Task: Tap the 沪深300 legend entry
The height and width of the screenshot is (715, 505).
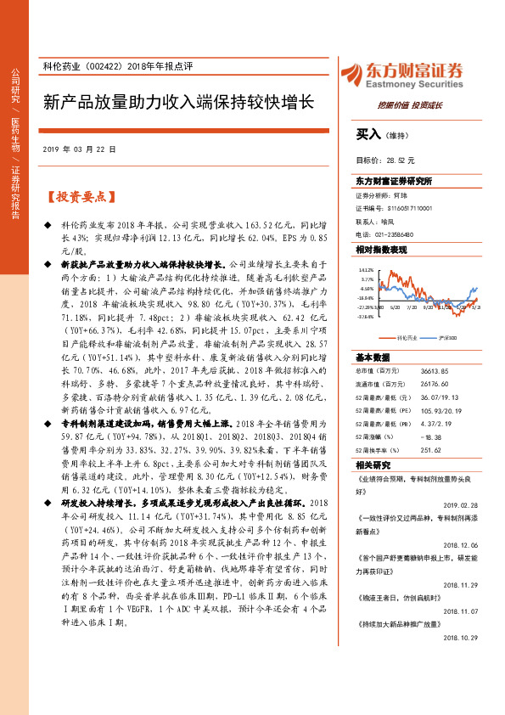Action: [451, 337]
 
